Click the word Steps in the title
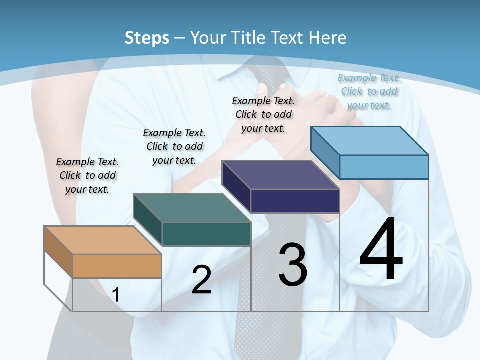tap(147, 38)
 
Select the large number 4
tap(381, 250)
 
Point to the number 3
tap(293, 265)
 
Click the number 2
tap(201, 280)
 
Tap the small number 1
tap(116, 295)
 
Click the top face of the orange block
tap(103, 240)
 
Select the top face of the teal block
tap(192, 208)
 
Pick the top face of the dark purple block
tap(280, 175)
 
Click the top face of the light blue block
tap(369, 141)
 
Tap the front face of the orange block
tap(117, 266)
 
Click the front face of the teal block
tap(206, 234)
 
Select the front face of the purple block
tap(295, 201)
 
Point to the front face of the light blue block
tap(384, 167)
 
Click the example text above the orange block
tap(87, 175)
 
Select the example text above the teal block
tap(174, 146)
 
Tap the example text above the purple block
tap(263, 114)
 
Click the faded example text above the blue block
tap(369, 91)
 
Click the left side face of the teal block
tap(148, 220)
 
